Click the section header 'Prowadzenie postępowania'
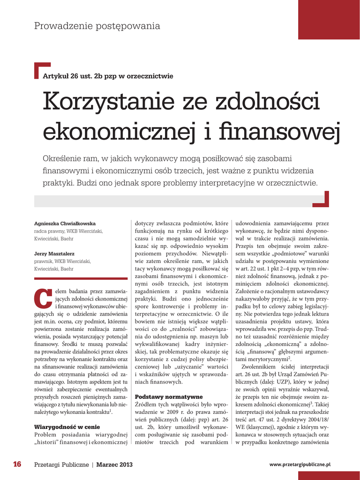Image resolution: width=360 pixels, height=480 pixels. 97,26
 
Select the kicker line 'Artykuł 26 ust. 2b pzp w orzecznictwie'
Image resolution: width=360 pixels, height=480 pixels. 108,76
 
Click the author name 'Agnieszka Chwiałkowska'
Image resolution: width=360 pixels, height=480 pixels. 65,223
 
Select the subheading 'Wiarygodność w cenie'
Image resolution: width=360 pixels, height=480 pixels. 67,427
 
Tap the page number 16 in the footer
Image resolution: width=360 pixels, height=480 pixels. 17,465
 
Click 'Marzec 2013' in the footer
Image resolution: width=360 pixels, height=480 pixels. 114,465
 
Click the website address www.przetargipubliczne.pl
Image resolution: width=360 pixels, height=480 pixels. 300,464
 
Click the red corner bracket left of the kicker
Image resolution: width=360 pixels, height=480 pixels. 42,69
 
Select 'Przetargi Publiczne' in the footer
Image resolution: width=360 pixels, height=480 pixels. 61,465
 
